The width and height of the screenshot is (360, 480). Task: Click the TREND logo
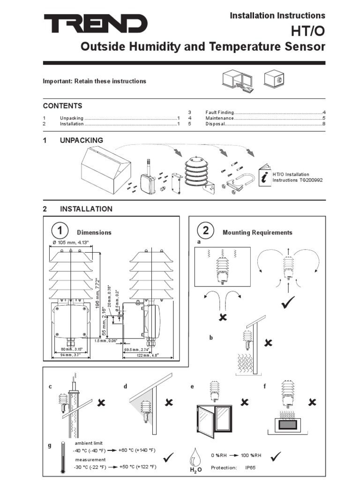click(x=96, y=23)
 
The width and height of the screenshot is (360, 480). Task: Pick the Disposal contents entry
click(x=215, y=124)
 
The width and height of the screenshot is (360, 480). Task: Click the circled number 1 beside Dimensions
click(x=60, y=231)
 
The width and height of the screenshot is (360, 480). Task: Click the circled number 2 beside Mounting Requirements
click(x=206, y=231)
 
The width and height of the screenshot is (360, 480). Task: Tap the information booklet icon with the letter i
click(x=265, y=176)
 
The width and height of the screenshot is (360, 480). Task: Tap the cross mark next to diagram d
click(x=169, y=402)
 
